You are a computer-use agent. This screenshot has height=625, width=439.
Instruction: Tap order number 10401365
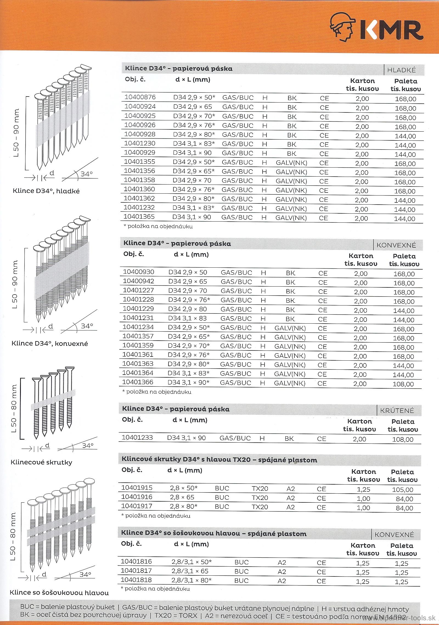pos(139,217)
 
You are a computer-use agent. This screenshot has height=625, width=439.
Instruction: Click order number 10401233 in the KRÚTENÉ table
pos(137,438)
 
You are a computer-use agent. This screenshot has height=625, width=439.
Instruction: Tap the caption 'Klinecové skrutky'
pos(41,462)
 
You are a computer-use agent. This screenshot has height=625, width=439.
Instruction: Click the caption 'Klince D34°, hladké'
pos(46,191)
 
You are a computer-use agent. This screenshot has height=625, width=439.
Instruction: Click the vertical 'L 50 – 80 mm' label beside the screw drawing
pos(14,408)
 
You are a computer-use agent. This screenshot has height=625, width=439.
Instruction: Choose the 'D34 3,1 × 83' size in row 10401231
pos(187,318)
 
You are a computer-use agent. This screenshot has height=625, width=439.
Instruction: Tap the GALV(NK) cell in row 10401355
pos(292,163)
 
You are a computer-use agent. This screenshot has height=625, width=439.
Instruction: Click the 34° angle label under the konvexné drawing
pos(87,326)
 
